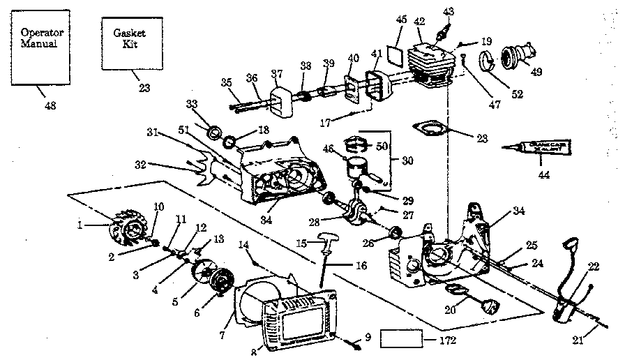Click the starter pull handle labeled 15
coord(327,241)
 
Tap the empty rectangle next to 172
coord(402,340)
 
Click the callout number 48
coord(47,105)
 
